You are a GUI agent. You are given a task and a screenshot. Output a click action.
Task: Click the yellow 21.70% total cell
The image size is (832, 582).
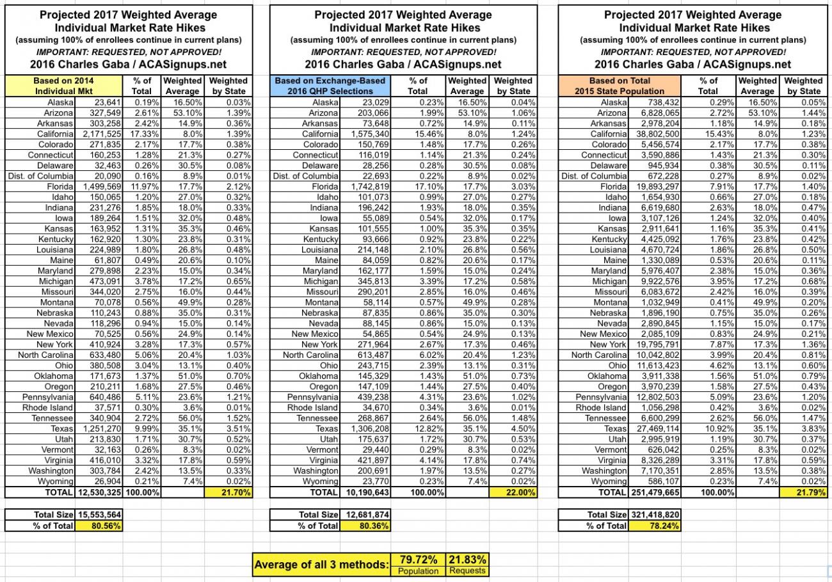(228, 492)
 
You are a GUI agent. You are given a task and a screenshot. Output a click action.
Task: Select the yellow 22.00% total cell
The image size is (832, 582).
(513, 492)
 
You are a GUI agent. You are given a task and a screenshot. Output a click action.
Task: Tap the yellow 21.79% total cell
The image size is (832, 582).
(803, 492)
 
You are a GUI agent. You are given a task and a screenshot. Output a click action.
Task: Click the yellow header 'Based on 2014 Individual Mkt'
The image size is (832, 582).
(63, 86)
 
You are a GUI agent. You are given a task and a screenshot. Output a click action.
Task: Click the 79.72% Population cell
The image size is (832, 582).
(418, 564)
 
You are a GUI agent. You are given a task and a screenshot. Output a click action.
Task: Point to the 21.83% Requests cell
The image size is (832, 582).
(467, 564)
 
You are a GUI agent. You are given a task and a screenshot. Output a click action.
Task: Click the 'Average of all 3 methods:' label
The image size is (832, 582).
(321, 565)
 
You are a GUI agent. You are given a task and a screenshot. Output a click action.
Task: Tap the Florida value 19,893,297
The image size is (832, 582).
(655, 186)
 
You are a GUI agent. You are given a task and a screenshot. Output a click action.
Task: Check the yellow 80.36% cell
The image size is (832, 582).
(365, 526)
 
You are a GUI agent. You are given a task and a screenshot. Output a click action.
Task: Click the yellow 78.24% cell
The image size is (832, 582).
(655, 526)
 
